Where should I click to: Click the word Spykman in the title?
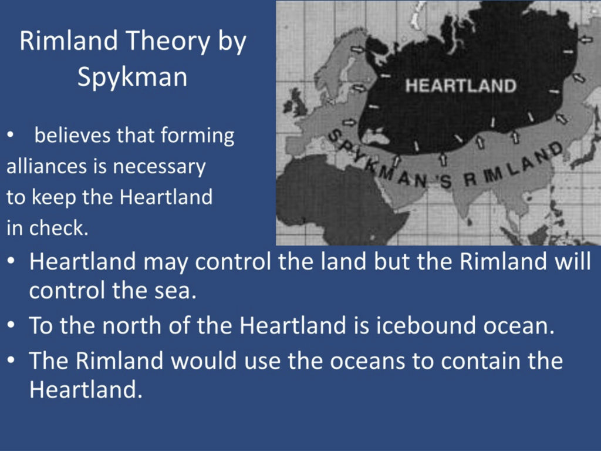pos(132,78)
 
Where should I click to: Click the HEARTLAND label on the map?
pos(461,86)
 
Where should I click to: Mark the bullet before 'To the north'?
pos(11,325)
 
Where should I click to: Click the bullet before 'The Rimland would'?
pos(11,361)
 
